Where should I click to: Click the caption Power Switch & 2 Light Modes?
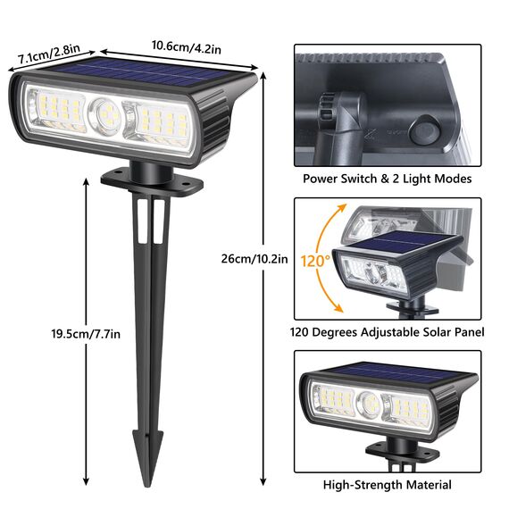coord(387,179)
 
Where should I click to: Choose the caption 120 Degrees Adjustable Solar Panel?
coord(387,332)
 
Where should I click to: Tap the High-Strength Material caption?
coord(387,485)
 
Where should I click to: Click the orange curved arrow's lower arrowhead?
coord(340,309)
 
